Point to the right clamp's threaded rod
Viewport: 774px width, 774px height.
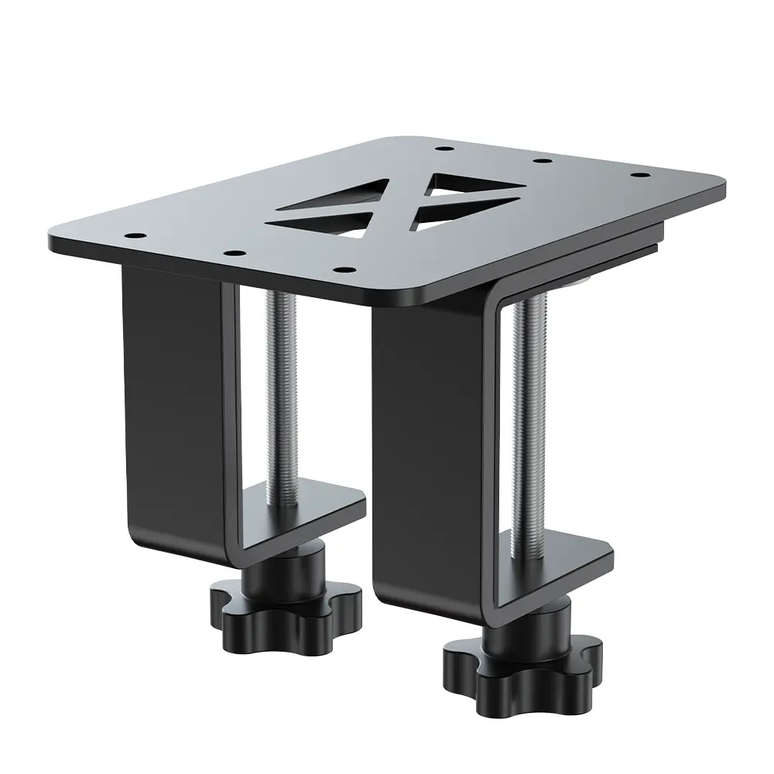[x=526, y=418]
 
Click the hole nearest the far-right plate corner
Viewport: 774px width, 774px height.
[x=639, y=176]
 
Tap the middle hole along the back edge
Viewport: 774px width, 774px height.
[x=543, y=161]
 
